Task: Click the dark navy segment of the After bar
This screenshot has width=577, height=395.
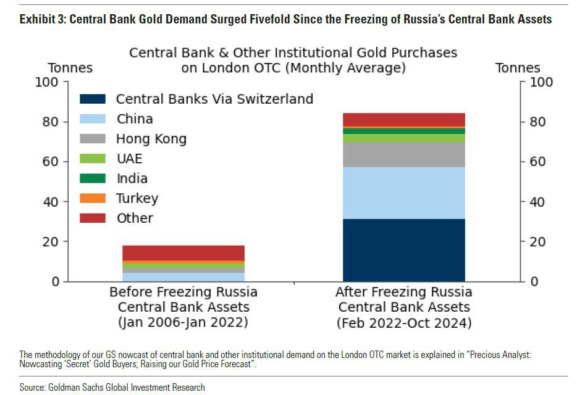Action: coord(403,250)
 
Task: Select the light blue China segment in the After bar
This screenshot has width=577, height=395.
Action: coord(403,193)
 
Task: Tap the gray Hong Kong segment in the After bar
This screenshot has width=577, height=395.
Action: coord(403,154)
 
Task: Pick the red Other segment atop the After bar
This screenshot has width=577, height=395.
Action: coord(403,119)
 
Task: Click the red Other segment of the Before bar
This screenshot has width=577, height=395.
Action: coord(183,252)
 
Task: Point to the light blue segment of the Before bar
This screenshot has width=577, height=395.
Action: coord(183,276)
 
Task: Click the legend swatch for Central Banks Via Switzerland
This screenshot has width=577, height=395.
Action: coord(93,99)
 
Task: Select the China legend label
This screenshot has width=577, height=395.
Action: coord(134,119)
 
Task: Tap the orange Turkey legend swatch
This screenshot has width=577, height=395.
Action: coord(93,198)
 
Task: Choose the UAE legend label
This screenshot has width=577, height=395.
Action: coord(129,159)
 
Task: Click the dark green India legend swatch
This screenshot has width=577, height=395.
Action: coord(93,178)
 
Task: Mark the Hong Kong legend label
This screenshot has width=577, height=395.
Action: coord(151,139)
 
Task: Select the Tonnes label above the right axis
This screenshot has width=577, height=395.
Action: coord(517,68)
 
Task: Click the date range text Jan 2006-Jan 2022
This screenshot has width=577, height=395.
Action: coord(183,323)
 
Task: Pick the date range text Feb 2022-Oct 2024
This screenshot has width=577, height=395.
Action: coord(403,323)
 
